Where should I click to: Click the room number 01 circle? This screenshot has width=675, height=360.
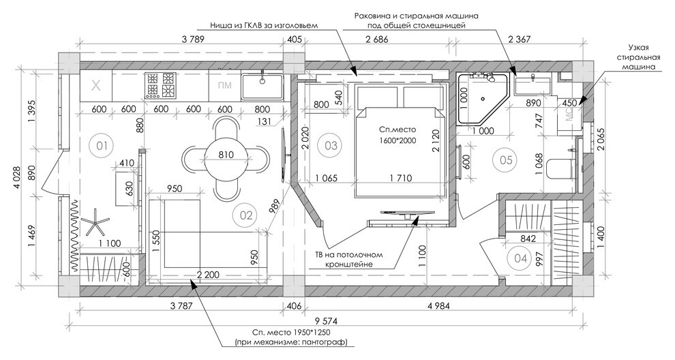pyautogui.click(x=102, y=145)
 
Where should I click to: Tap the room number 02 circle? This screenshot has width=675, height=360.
pyautogui.click(x=245, y=215)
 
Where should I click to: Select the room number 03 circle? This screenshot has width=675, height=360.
pyautogui.click(x=331, y=145)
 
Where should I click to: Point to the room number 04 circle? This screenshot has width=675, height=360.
pyautogui.click(x=520, y=259)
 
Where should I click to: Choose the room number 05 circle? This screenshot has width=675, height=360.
pyautogui.click(x=506, y=160)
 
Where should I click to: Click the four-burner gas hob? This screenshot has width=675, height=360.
pyautogui.click(x=161, y=84)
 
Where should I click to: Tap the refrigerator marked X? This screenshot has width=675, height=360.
pyautogui.click(x=96, y=86)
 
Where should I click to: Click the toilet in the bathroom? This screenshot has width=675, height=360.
pyautogui.click(x=559, y=168)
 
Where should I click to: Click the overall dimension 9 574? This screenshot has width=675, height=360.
pyautogui.click(x=327, y=321)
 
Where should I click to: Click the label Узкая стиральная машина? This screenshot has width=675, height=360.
pyautogui.click(x=638, y=57)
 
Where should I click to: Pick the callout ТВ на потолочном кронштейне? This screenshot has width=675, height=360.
pyautogui.click(x=348, y=259)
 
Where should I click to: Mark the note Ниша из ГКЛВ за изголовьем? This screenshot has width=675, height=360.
pyautogui.click(x=264, y=25)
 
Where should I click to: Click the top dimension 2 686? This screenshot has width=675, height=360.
pyautogui.click(x=376, y=40)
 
